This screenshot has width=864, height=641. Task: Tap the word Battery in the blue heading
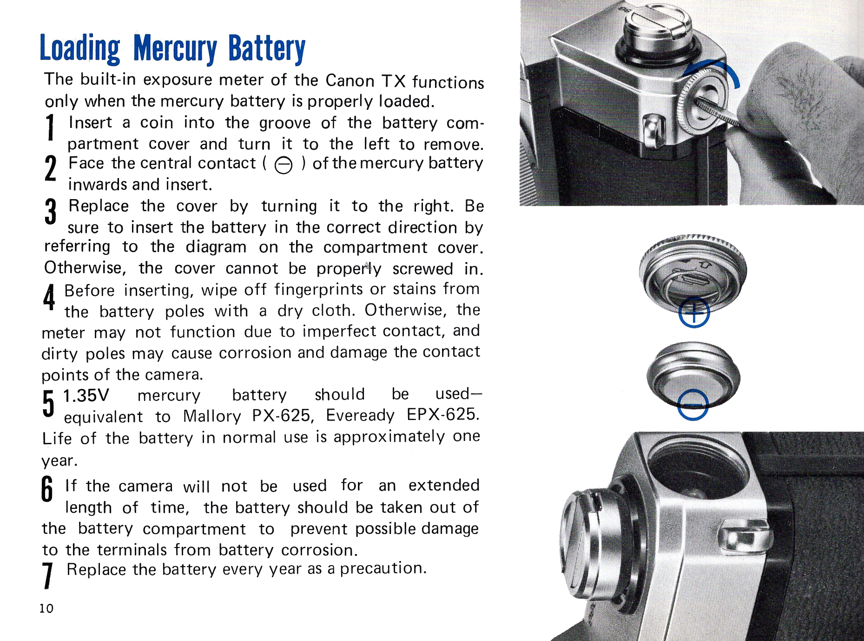tap(267, 49)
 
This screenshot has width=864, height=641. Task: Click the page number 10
tap(46, 608)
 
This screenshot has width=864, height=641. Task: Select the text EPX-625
tap(442, 414)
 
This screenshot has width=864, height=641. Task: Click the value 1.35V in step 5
tap(86, 395)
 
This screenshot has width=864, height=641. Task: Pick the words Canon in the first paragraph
tap(350, 80)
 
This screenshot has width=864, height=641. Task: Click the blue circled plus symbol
tap(693, 313)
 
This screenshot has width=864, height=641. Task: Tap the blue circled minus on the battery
tap(693, 405)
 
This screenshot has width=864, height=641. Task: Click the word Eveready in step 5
tap(360, 415)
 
